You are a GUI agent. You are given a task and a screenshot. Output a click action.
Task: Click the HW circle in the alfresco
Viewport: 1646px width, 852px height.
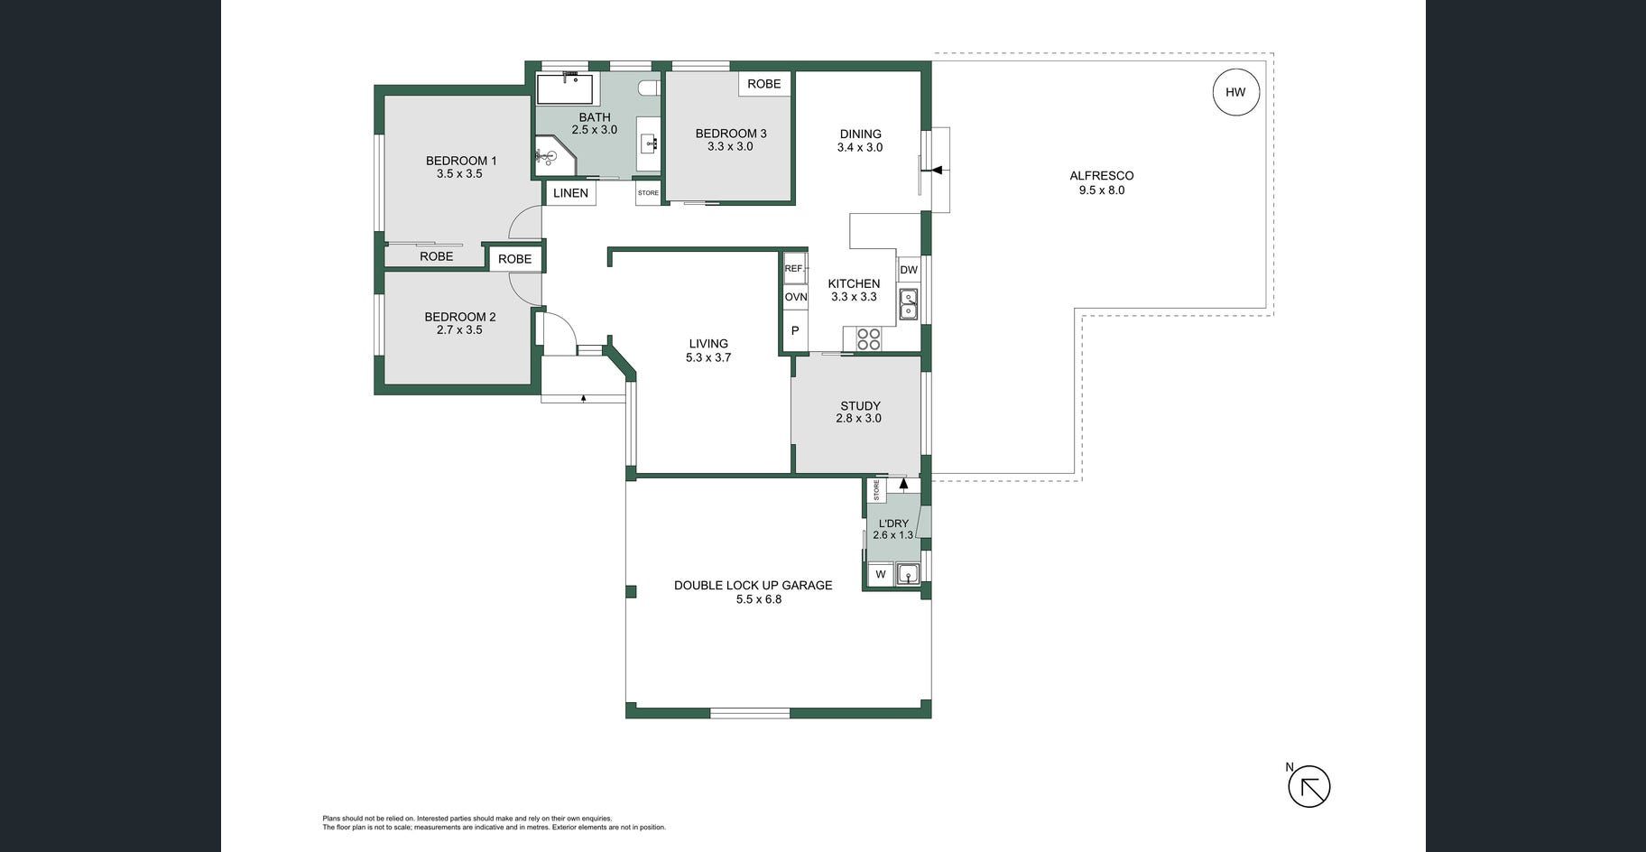[1235, 92]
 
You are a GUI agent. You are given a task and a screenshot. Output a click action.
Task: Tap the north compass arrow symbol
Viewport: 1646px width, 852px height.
[1308, 786]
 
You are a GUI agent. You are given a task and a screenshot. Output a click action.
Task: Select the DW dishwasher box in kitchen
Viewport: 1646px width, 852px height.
[909, 270]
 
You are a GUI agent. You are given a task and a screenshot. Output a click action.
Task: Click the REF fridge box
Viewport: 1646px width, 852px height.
[794, 269]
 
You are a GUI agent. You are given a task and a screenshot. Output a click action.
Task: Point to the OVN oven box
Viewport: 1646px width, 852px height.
[795, 297]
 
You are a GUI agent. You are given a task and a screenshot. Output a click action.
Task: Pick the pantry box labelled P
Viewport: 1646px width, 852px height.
[795, 331]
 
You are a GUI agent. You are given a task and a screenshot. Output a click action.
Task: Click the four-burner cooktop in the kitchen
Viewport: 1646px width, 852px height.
[868, 339]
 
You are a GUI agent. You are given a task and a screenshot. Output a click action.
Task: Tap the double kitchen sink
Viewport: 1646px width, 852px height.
[908, 304]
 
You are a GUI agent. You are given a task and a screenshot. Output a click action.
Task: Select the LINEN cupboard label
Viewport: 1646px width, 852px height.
[570, 193]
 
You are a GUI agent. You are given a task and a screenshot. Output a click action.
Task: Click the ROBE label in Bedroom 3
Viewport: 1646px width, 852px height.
[764, 84]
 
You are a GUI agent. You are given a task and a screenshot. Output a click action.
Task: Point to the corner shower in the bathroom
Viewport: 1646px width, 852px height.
[554, 156]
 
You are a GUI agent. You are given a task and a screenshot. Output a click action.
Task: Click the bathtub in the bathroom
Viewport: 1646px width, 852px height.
[565, 89]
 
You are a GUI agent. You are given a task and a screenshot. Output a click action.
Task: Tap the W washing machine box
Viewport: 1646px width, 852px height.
[881, 574]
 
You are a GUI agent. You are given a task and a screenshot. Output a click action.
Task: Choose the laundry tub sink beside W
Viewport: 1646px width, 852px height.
[907, 574]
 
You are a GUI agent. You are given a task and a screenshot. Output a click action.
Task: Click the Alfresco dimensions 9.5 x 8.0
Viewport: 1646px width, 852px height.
[1102, 190]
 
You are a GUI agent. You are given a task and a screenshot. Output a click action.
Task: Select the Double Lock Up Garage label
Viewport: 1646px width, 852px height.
[754, 586]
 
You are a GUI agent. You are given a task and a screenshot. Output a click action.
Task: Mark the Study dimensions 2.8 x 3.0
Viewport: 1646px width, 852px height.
[859, 419]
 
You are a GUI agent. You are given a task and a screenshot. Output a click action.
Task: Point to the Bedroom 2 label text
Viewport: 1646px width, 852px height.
[460, 317]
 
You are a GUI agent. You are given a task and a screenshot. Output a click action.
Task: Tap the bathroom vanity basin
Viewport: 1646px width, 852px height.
[648, 143]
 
